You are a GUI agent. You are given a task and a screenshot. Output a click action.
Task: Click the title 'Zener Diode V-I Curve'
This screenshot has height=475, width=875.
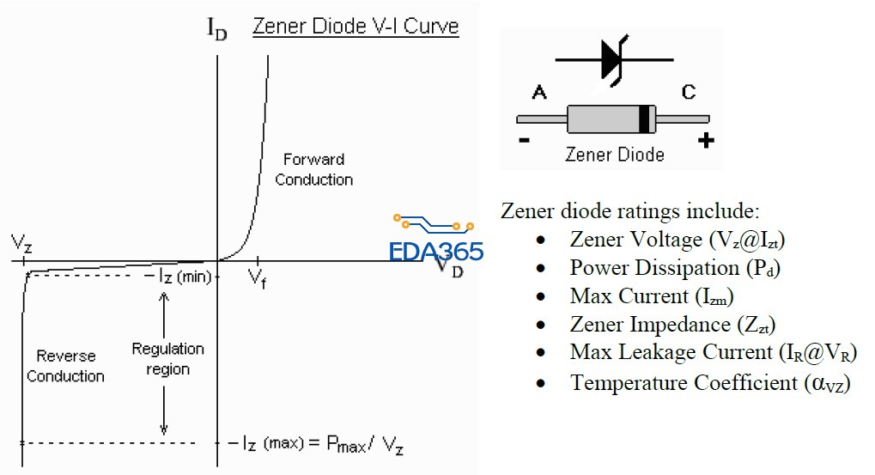point(355,27)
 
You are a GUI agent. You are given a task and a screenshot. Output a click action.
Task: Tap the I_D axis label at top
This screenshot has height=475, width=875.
point(217,28)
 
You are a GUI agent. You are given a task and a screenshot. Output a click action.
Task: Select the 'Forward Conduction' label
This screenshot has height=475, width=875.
point(313,169)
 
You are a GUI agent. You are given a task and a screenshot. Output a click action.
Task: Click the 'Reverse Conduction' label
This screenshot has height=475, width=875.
point(65,366)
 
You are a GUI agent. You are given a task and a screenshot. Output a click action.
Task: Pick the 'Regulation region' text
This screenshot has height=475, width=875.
point(167,359)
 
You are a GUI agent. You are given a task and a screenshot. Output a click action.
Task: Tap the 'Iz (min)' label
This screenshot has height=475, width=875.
point(185,277)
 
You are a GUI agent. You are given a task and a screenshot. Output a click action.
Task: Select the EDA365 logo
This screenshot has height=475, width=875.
point(435,241)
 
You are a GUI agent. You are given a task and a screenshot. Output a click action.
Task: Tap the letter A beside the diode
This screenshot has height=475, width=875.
point(539,91)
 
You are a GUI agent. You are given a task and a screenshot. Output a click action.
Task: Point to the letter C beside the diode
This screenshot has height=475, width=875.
point(688,91)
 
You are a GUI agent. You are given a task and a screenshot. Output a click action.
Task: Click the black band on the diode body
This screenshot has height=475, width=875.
point(643,118)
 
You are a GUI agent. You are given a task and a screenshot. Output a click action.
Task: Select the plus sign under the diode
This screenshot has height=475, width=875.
point(706,141)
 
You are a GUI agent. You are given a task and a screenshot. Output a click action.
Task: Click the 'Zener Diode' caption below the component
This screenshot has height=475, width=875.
point(614,155)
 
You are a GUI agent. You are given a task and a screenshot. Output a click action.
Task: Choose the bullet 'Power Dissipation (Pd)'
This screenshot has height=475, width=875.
point(675,268)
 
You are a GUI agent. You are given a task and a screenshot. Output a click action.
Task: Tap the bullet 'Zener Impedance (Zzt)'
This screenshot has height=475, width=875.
point(672,325)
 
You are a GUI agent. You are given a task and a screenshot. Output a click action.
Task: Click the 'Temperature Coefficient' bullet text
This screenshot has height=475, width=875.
point(709,382)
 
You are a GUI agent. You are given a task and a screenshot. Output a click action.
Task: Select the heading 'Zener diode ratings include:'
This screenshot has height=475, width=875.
point(629,210)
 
